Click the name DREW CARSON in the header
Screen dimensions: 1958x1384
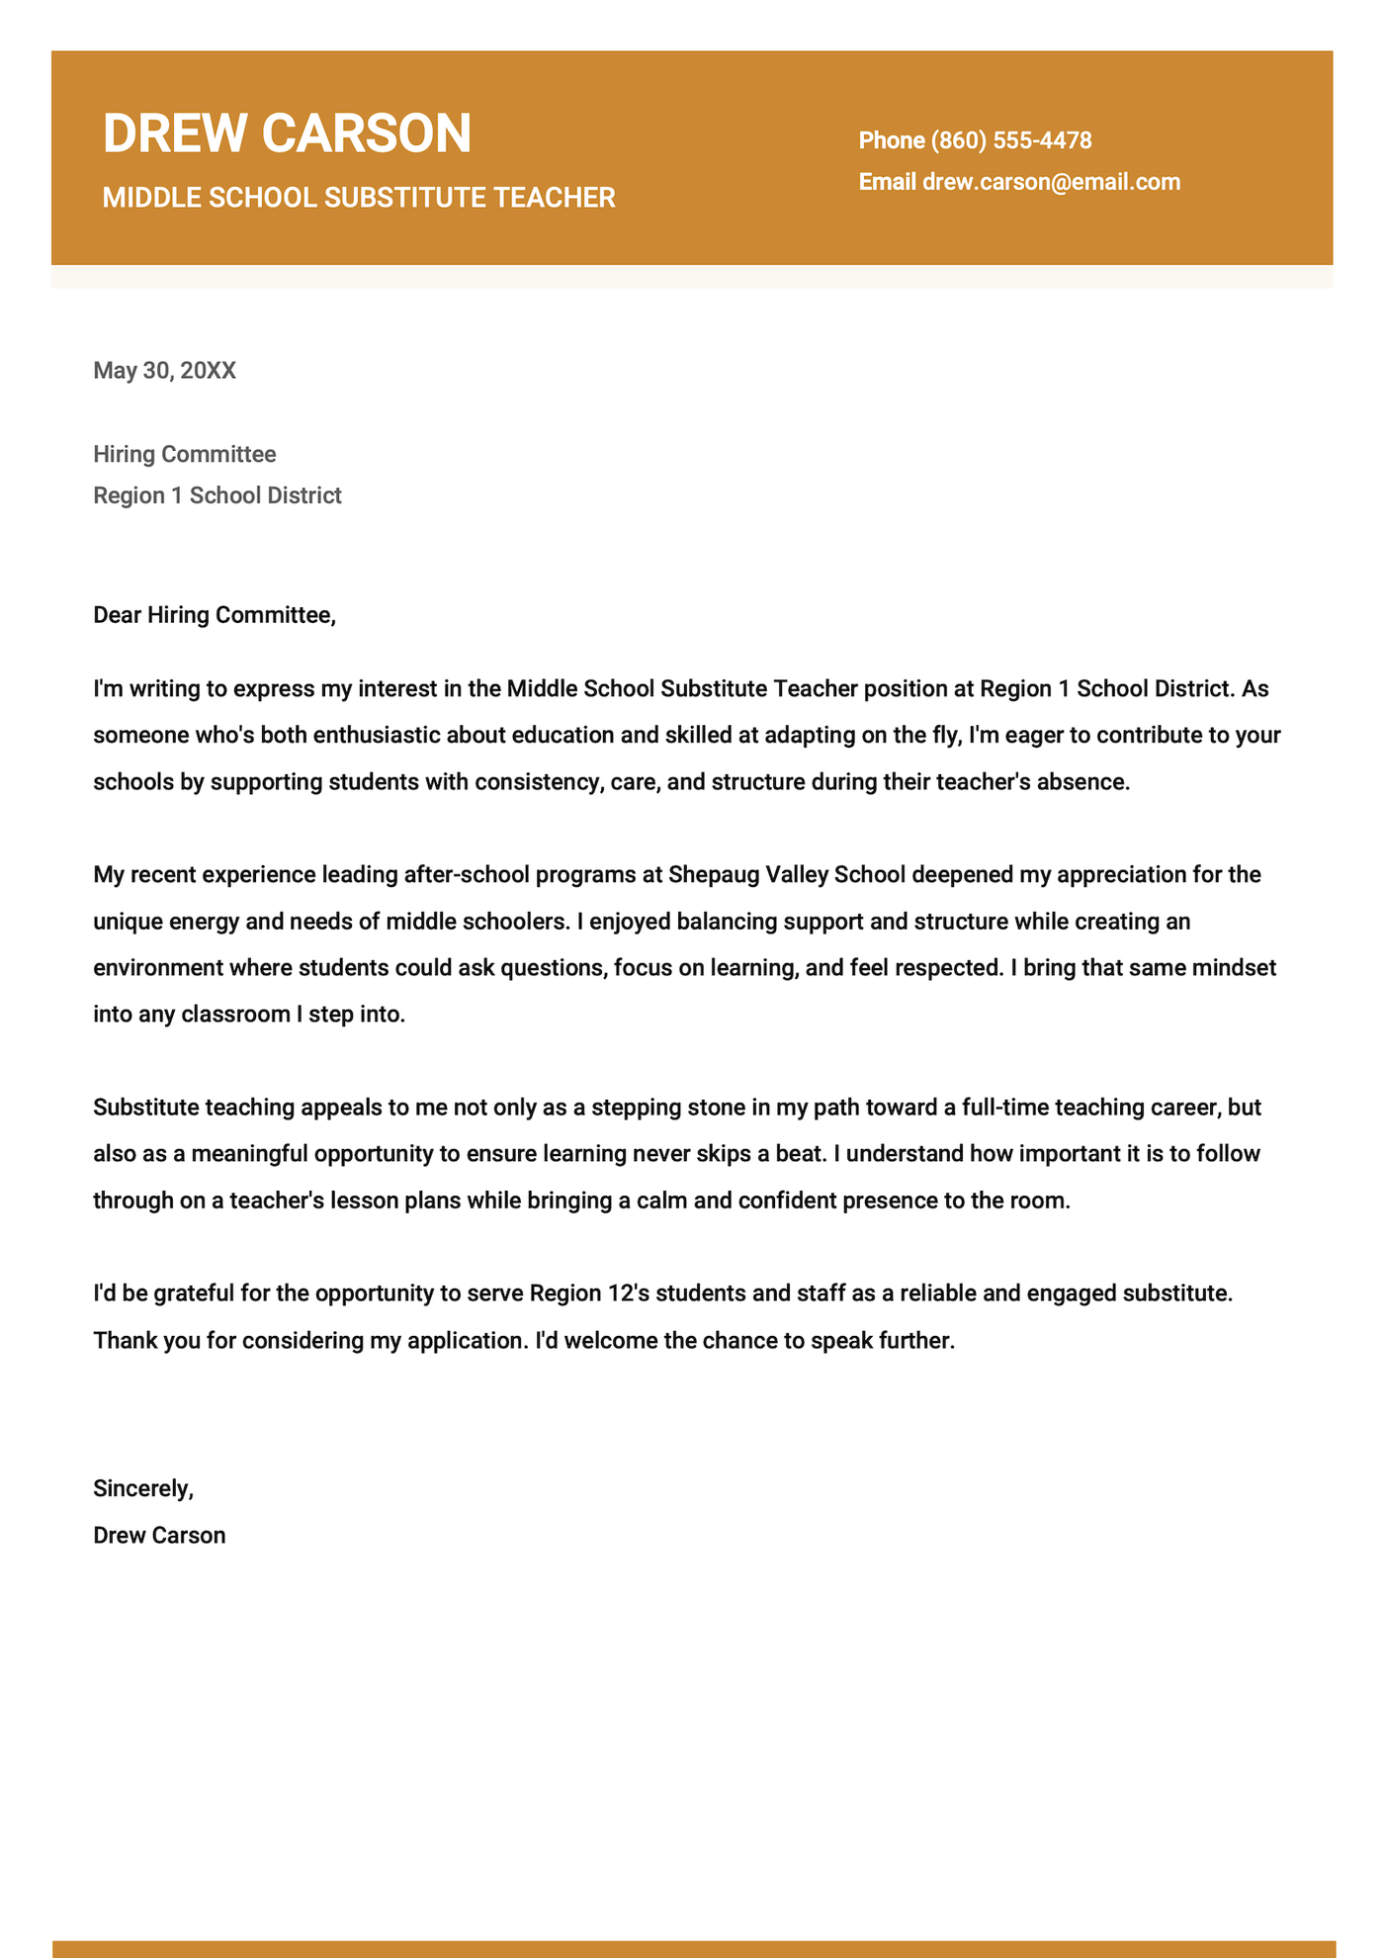tap(287, 133)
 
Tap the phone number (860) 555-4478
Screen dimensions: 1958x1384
tap(1011, 140)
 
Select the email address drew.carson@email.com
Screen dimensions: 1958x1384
tap(1051, 182)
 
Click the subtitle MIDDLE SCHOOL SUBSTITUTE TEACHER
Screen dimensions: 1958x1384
tap(359, 198)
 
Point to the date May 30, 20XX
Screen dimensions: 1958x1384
tap(164, 371)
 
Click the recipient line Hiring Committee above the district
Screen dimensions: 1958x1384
tap(185, 455)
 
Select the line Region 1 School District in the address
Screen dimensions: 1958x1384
tap(217, 495)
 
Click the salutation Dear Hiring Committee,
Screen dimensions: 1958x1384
tap(215, 615)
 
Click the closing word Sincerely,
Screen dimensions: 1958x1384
tap(143, 1488)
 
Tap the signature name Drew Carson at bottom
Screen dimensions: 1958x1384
tap(159, 1536)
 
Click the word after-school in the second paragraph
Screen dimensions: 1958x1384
tap(464, 875)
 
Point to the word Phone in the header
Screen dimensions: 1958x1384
tap(891, 140)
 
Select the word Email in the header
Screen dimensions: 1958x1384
tap(887, 182)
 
